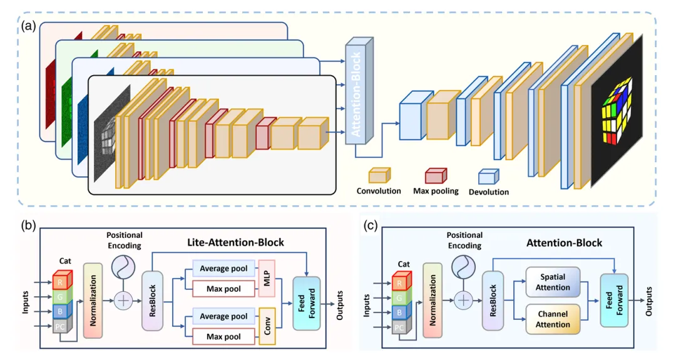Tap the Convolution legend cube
[x=379, y=175]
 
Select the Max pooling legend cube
[x=436, y=175]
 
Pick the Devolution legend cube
[x=488, y=177]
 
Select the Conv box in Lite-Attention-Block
[x=267, y=327]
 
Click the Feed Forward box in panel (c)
[x=615, y=300]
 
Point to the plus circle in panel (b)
[x=123, y=302]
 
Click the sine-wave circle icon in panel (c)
[x=464, y=269]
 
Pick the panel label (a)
[x=29, y=26]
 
